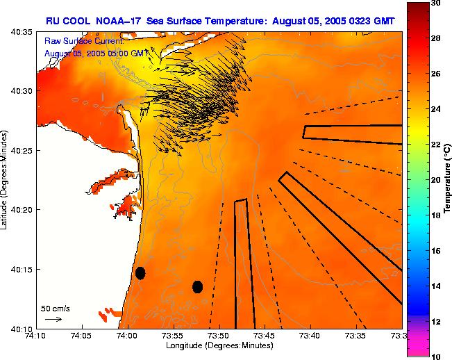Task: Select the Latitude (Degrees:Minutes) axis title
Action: (x=6, y=179)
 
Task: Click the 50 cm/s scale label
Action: (x=56, y=307)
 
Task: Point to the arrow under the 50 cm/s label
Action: (x=53, y=319)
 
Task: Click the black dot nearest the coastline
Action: (x=140, y=273)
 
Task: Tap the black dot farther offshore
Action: (x=197, y=286)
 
